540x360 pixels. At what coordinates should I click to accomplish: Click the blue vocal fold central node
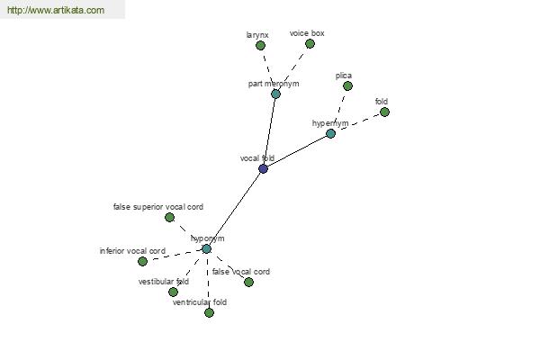pos(263,168)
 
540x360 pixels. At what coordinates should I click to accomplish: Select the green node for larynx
pos(260,45)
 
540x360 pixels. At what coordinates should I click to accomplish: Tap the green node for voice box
pos(310,43)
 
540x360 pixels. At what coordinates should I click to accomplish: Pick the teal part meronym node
pos(275,94)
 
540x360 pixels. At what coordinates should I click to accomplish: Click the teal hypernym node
pos(330,133)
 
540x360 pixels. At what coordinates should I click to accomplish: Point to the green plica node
pos(347,86)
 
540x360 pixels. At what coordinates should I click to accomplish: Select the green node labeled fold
pos(384,112)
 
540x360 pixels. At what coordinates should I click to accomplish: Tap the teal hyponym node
pos(206,248)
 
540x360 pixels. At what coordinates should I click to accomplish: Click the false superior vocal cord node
pos(169,217)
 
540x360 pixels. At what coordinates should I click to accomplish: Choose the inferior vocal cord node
pos(142,261)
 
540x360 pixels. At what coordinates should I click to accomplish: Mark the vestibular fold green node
pos(173,292)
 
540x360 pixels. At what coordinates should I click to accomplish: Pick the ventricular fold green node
pos(209,312)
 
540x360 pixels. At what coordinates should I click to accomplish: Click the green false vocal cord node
pos(248,282)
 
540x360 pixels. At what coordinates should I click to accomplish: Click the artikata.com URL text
pos(55,10)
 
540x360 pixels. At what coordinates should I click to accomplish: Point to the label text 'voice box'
pos(307,33)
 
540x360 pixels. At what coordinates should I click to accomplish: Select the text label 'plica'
pos(343,76)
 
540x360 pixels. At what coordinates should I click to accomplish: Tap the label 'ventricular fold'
pos(200,302)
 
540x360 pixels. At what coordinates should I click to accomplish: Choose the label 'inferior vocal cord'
pos(132,250)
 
